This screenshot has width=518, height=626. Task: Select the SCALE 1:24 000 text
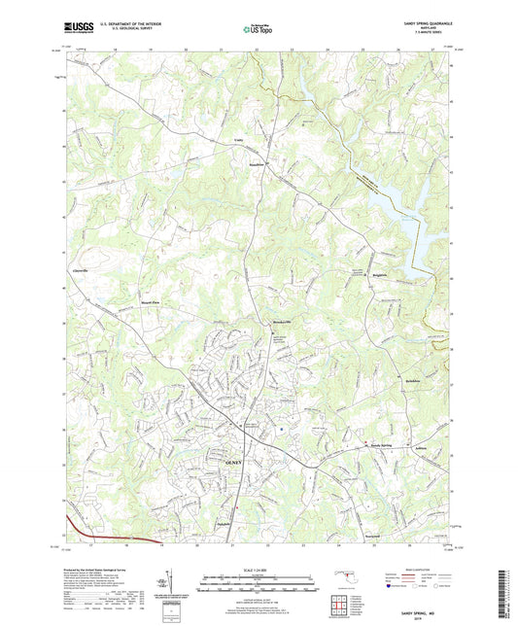(x=259, y=569)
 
